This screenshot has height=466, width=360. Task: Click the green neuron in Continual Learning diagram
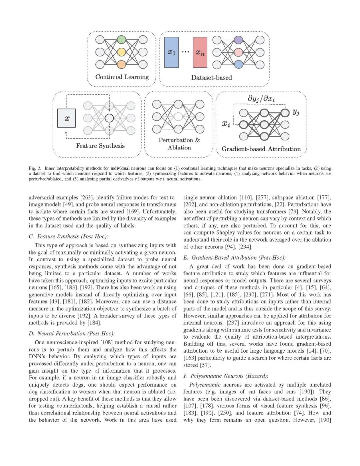[121, 40]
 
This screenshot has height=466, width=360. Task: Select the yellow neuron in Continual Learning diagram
[121, 52]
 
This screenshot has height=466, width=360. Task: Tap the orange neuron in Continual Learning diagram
[121, 64]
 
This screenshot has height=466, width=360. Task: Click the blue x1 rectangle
[171, 52]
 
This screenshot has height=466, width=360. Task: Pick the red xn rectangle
[200, 52]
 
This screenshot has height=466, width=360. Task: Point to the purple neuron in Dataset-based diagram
[238, 40]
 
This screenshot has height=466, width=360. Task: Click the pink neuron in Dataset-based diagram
[238, 52]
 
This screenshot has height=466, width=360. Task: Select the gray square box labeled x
[66, 118]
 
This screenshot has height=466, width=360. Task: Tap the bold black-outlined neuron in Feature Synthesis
[109, 118]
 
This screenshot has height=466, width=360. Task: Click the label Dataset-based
[211, 78]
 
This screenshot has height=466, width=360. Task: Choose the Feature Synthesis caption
[100, 146]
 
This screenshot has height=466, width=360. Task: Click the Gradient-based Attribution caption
[261, 149]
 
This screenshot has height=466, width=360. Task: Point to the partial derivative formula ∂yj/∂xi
[261, 98]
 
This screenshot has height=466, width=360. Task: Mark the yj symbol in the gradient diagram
[296, 112]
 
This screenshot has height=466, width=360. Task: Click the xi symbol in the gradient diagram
[226, 124]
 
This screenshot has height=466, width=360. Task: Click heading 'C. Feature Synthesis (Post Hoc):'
[68, 237]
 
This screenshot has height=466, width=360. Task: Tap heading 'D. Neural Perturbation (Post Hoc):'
[72, 334]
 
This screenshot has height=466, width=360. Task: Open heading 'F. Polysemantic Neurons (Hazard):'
[226, 376]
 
